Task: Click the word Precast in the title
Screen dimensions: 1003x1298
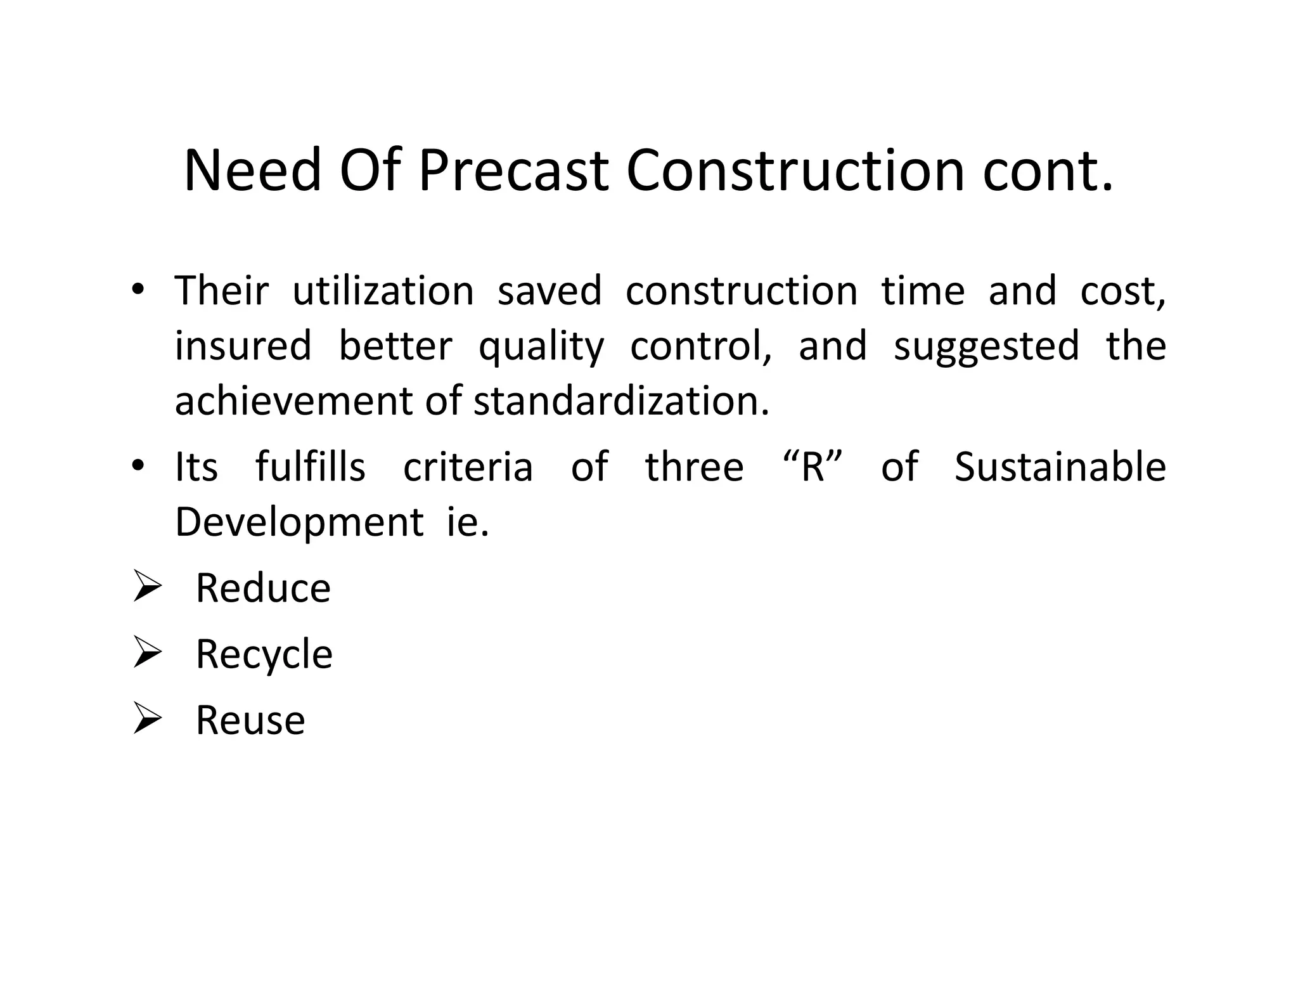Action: (513, 171)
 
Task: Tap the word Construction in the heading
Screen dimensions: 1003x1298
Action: (795, 171)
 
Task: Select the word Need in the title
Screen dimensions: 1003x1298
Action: (252, 171)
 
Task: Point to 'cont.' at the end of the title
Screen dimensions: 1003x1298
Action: (1047, 172)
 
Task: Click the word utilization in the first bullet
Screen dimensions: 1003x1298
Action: (383, 291)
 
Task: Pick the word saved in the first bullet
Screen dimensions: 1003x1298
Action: (549, 291)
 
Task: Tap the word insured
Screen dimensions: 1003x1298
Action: (243, 346)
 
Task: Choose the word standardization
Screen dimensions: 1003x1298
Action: (621, 401)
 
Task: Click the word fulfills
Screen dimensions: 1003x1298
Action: (311, 467)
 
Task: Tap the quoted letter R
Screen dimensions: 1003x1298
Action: (813, 467)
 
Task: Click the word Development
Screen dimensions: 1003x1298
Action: (299, 523)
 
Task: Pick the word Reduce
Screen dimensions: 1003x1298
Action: (263, 588)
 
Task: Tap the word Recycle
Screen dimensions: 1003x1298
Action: (264, 655)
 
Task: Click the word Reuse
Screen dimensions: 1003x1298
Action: (250, 720)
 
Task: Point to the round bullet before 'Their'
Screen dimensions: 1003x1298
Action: (138, 290)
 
